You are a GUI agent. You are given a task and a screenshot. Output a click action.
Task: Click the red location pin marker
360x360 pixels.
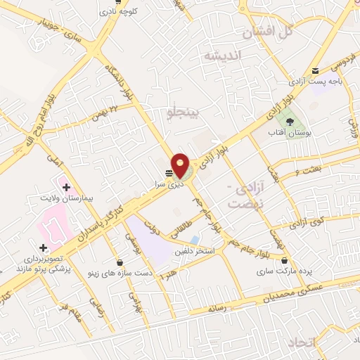[181, 165]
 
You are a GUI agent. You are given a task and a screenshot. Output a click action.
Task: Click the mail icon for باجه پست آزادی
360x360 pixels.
[315, 70]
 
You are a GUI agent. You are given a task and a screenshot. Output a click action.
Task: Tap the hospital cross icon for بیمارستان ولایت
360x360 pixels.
[66, 188]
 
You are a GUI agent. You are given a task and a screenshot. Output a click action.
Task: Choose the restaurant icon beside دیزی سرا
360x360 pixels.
[169, 173]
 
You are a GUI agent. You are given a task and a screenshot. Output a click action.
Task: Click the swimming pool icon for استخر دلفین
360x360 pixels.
[194, 240]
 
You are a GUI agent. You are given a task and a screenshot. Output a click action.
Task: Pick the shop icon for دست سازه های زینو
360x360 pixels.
[120, 262]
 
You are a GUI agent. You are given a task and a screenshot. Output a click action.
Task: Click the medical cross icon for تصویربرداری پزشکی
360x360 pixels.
[44, 247]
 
